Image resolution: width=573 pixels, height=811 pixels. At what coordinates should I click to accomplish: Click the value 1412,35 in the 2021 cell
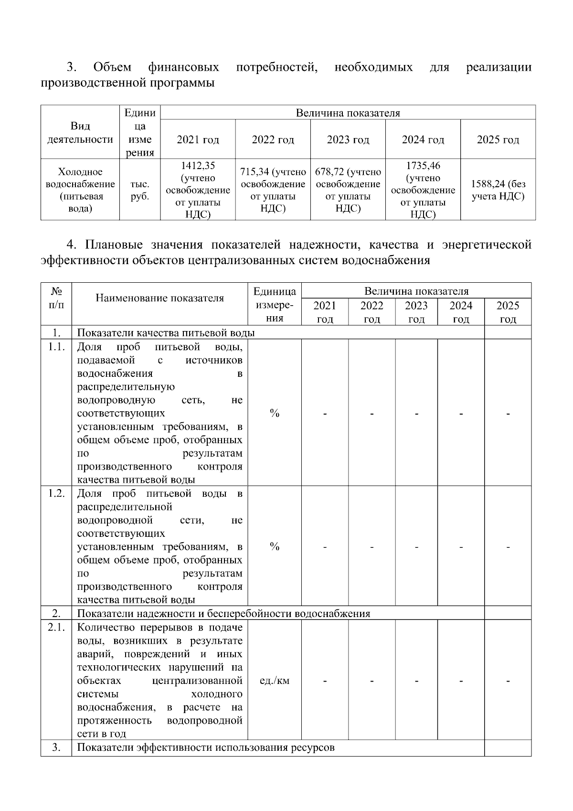tap(198, 166)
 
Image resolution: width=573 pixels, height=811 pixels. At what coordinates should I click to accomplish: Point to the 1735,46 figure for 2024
tap(423, 166)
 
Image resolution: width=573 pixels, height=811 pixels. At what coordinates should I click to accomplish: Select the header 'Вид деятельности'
tap(80, 133)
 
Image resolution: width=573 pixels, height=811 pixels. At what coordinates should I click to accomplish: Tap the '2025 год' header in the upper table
tap(498, 140)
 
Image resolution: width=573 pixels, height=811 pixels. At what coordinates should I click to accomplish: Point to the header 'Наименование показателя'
tap(159, 298)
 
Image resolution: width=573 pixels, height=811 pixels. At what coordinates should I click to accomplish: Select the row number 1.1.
tap(56, 347)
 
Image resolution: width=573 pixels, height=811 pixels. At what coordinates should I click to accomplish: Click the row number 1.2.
tap(56, 493)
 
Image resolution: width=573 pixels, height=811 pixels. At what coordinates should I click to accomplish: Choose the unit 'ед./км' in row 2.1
tap(274, 681)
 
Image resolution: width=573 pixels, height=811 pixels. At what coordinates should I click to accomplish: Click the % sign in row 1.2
tap(274, 546)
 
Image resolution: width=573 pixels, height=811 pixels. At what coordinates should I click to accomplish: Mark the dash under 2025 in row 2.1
tap(508, 681)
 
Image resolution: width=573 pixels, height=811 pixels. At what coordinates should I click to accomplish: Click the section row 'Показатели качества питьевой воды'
tap(166, 333)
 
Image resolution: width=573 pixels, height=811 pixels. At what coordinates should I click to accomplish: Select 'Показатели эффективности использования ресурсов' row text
tap(206, 747)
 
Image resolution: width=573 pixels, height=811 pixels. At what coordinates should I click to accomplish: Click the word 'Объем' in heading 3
tap(113, 67)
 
